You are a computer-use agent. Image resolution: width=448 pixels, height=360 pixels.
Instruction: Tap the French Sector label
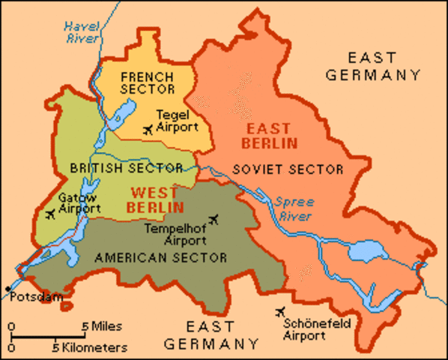click(x=146, y=83)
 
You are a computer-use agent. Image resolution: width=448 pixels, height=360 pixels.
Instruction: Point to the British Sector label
click(x=126, y=167)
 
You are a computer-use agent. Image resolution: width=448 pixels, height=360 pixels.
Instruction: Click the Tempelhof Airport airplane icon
click(x=215, y=219)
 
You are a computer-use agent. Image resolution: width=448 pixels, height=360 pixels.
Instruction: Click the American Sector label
click(x=160, y=257)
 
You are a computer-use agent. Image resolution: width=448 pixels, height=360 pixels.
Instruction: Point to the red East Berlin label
click(x=269, y=135)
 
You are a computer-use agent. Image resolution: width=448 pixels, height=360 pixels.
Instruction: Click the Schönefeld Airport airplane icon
click(x=282, y=311)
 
